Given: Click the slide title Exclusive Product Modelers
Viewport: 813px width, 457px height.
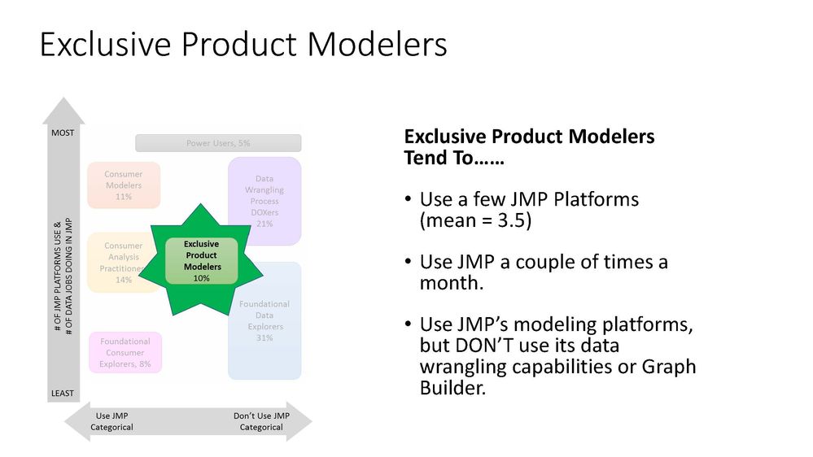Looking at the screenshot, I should click(243, 44).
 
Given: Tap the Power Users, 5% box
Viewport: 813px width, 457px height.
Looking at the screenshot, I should click(218, 143).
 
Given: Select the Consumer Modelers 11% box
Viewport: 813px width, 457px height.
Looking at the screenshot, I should click(124, 185).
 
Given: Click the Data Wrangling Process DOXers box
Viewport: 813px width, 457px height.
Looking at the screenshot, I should click(264, 201).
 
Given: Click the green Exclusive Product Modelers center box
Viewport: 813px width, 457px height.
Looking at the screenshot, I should click(201, 260).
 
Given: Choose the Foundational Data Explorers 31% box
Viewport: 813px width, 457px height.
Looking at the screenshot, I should click(264, 320).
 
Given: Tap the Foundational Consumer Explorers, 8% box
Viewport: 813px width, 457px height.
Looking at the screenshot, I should click(125, 353).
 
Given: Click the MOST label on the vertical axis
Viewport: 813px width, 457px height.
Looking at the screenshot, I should click(63, 132).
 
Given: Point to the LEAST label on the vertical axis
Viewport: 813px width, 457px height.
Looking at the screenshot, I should click(63, 394).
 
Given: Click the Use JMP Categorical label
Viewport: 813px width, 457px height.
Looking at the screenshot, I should click(111, 421).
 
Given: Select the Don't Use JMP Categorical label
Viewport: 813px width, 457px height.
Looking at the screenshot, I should click(261, 421).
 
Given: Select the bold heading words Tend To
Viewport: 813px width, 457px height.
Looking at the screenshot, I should click(453, 158).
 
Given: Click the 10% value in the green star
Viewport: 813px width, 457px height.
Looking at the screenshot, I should click(201, 278).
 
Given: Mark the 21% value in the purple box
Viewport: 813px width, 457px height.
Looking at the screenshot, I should click(264, 224).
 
